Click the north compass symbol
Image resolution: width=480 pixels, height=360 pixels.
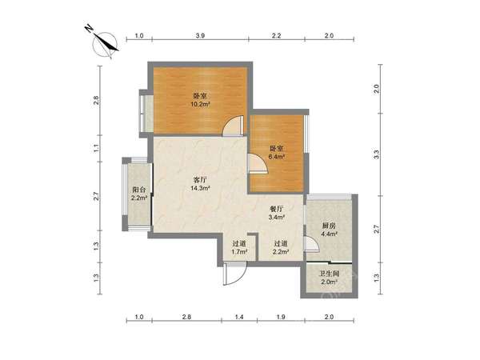104,43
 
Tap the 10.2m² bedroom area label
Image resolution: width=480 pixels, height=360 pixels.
200,104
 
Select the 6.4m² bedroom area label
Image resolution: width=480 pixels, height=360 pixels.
277,157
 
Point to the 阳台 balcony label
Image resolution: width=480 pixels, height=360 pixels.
139,189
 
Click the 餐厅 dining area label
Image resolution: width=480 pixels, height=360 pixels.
277,209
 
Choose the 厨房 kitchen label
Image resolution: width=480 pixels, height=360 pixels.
329,226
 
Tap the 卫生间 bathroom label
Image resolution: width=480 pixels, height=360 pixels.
329,274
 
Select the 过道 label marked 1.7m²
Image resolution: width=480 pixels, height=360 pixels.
239,244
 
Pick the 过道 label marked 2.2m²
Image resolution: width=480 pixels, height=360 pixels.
281,244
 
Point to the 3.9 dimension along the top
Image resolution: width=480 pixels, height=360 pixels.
200,36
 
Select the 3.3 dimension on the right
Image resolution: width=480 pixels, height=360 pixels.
377,154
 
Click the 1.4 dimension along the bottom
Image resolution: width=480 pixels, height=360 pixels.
239,317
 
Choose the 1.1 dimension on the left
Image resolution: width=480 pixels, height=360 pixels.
96,149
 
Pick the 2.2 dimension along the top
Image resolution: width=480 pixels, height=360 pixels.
277,36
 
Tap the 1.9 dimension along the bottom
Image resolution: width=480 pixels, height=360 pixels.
281,317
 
